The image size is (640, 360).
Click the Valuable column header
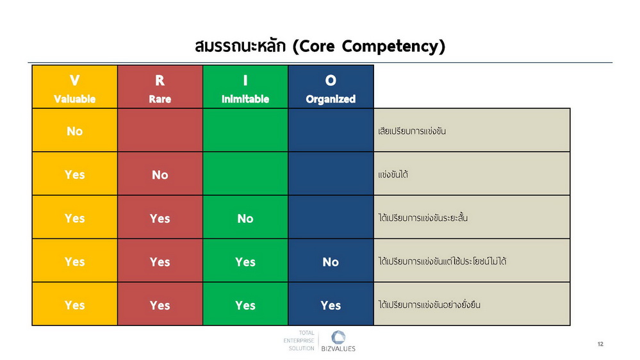coord(75,87)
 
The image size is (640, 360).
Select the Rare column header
coord(160,87)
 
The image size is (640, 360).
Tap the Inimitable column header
coord(245,87)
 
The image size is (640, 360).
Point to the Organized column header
coord(331,87)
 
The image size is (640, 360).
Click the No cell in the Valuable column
coord(75,131)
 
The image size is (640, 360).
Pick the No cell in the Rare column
coord(160,174)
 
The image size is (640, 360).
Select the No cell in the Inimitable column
coord(245,218)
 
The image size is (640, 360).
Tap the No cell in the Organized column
coord(331,261)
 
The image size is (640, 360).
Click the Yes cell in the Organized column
coord(331,305)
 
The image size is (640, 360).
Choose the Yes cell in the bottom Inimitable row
coord(245,305)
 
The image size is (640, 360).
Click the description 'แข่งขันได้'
coord(393,174)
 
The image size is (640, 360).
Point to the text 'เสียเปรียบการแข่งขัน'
coord(412,131)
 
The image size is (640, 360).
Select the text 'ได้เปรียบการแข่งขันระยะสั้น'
coord(423,218)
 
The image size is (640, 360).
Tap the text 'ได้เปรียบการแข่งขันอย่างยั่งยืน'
coord(429,304)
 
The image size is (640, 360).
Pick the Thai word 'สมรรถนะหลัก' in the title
coord(240,46)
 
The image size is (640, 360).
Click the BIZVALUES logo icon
coord(338,337)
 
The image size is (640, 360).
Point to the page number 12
coord(600,344)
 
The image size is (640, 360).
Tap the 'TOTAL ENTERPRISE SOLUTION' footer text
coord(299,340)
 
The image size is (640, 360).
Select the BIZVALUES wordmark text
coord(338,348)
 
